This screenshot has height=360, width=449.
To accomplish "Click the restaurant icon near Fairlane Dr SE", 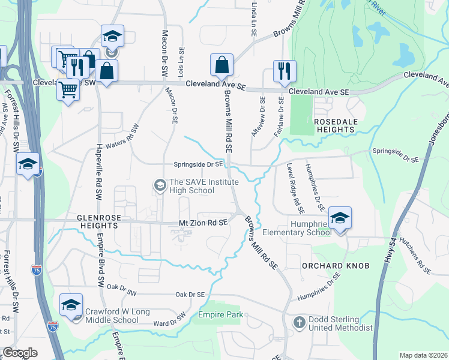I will (x=282, y=71).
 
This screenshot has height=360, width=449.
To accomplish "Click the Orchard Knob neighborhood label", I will (x=325, y=265).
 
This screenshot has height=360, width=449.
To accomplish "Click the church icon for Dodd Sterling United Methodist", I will (x=298, y=323).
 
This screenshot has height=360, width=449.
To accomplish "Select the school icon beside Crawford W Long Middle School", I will (x=71, y=306).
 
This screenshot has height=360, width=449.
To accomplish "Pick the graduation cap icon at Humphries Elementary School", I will (x=340, y=218).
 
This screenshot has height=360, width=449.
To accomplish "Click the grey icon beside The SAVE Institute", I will (x=160, y=185).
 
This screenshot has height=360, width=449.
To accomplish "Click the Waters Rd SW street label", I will (x=122, y=137).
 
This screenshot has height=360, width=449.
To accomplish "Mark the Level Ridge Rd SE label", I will (x=295, y=188).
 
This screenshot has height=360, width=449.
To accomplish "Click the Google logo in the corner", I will (x=20, y=353).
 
